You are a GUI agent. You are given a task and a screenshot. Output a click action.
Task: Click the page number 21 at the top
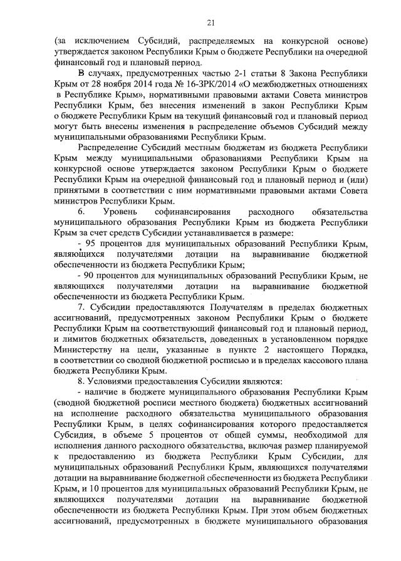[x=211, y=24]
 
